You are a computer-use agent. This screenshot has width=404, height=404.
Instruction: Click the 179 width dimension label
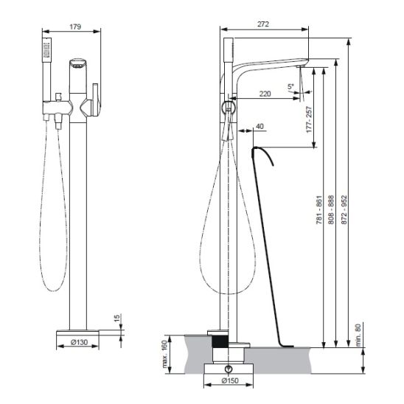click(75, 27)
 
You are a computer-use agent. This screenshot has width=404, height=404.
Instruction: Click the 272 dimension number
click(263, 24)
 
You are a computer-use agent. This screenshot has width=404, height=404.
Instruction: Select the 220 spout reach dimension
click(265, 94)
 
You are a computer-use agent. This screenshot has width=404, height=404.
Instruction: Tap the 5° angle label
click(290, 86)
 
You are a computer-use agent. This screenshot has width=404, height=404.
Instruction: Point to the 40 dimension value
click(260, 126)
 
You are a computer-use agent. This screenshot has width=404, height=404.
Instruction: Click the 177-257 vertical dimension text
click(309, 119)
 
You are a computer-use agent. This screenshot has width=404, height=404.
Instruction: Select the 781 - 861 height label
click(319, 209)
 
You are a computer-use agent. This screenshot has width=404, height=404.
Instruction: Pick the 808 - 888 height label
click(331, 209)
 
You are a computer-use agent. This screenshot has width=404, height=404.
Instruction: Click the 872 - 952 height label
click(344, 209)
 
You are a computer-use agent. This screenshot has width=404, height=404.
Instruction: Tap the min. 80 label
click(358, 335)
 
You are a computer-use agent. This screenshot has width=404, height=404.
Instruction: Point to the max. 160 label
click(164, 354)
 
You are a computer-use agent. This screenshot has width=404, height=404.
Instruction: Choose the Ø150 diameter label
click(230, 380)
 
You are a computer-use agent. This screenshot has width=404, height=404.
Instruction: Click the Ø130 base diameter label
click(79, 342)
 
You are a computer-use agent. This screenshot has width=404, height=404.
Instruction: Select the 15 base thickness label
click(117, 318)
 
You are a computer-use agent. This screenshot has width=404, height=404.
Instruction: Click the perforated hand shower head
click(47, 49)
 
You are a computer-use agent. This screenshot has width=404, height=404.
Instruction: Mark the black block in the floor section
click(220, 341)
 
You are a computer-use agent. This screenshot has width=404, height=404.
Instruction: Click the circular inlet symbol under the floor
click(229, 369)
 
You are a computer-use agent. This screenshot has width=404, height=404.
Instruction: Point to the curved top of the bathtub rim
click(262, 154)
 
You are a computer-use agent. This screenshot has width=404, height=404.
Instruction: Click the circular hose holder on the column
click(229, 107)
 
